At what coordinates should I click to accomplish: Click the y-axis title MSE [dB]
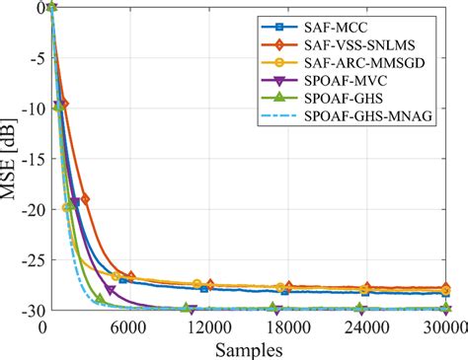pyautogui.click(x=12, y=158)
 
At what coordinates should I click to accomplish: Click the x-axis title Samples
pyautogui.click(x=248, y=349)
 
